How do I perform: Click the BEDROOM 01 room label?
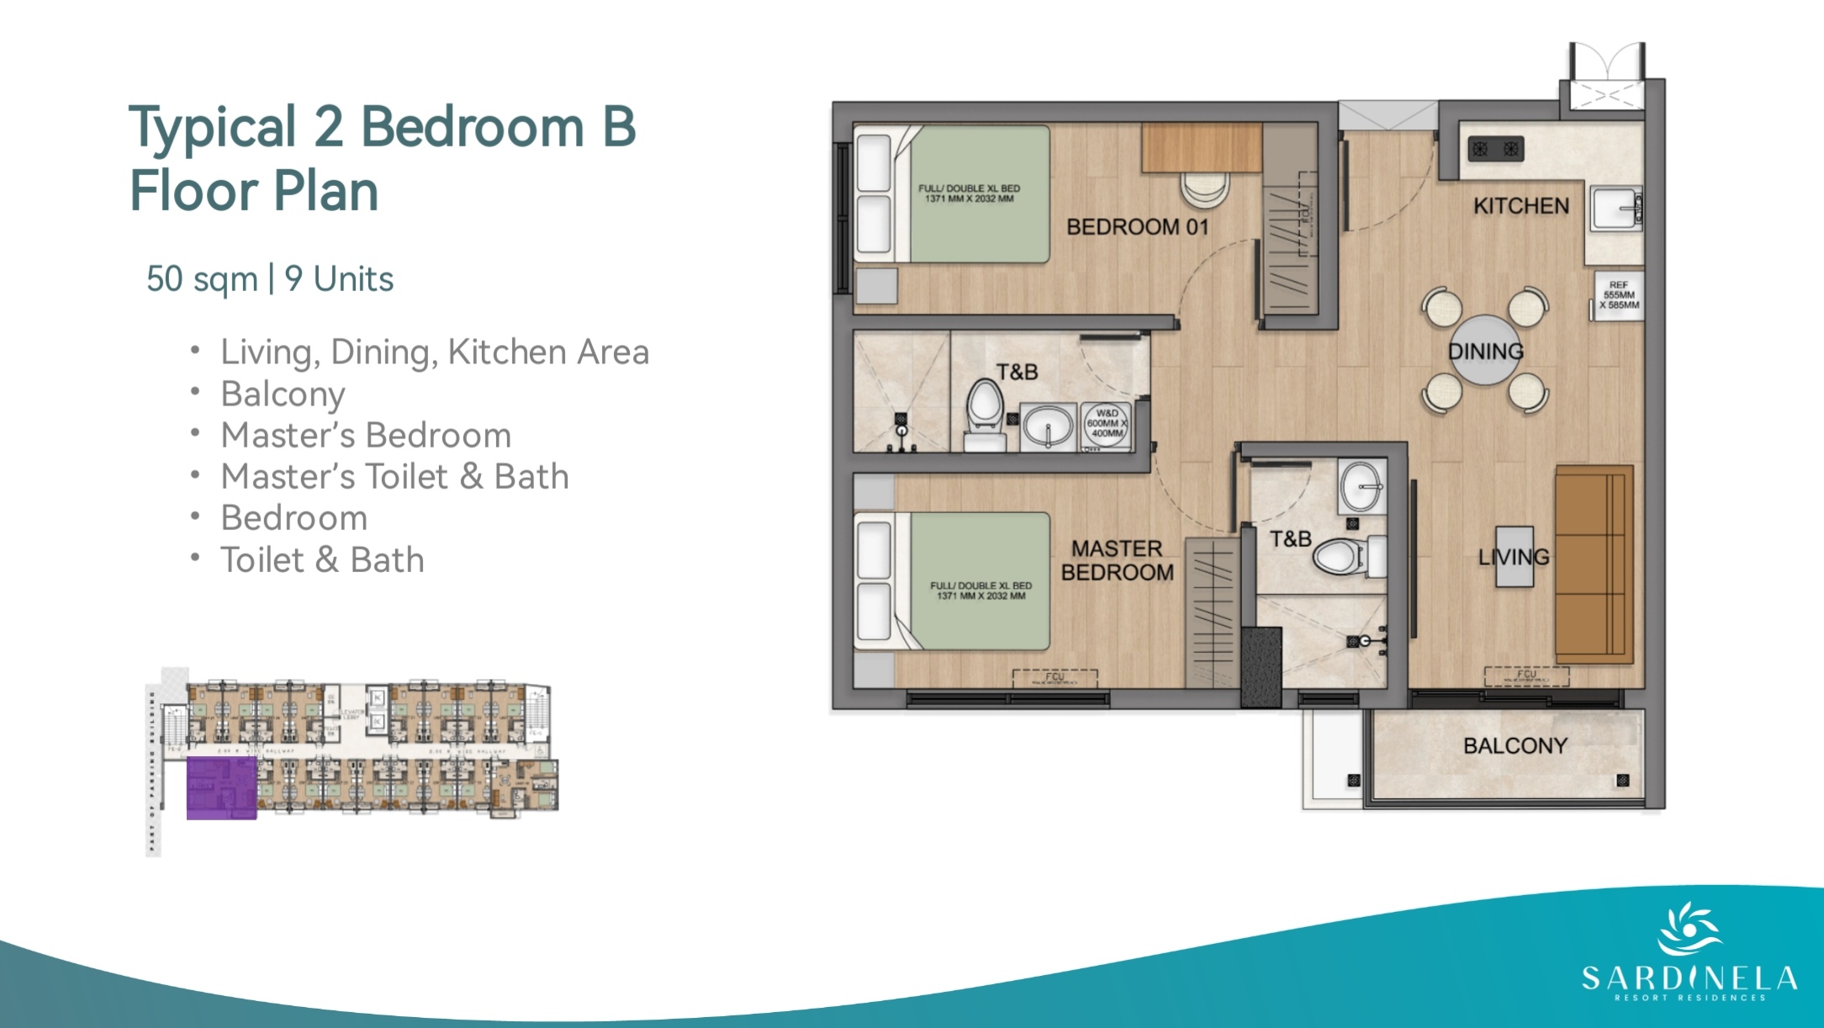1136,227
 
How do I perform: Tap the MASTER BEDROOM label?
1117,561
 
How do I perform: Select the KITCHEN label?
1520,206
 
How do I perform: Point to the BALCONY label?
1515,746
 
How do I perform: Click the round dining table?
1485,351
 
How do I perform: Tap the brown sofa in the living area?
1593,564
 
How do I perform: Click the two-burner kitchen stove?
1495,150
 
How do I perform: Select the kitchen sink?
1614,209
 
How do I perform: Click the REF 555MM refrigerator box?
1618,296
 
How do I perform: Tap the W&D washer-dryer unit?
1106,424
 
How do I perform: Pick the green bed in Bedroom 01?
980,194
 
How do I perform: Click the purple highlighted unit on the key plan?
221,787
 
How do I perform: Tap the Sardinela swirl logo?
1689,930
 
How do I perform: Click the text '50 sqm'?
202,279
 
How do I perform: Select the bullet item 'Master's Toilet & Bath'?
394,477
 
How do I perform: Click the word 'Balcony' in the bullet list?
283,395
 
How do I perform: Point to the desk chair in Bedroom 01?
1204,188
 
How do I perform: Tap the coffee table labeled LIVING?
1514,556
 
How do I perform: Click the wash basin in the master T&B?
1361,486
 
